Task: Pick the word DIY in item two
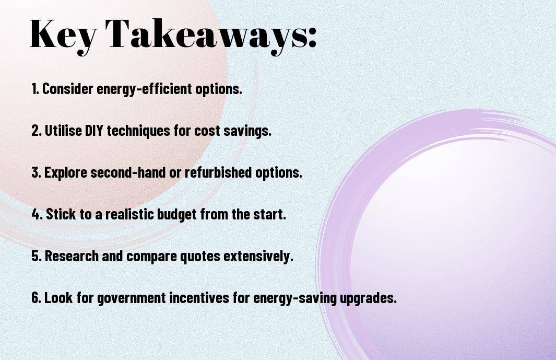point(93,131)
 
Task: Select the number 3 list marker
point(36,172)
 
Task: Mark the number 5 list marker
point(36,256)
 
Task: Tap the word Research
point(72,256)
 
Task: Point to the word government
point(131,298)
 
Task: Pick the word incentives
point(199,297)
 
